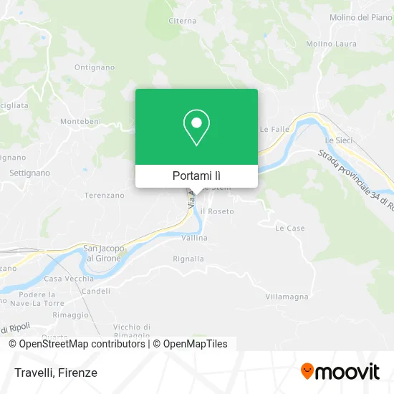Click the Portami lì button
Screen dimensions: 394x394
tap(196, 176)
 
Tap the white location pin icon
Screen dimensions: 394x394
tap(196, 128)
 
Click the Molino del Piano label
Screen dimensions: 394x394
tap(360, 17)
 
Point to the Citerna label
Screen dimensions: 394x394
tap(182, 21)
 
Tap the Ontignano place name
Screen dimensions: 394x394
tap(94, 67)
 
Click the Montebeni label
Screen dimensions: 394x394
tap(80, 122)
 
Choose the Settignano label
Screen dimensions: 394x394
tap(29, 173)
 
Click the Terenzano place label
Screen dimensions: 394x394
tap(104, 194)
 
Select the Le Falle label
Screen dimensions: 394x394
tap(274, 130)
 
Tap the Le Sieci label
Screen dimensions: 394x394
tap(339, 140)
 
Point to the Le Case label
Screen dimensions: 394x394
tap(290, 228)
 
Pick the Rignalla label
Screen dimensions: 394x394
tap(188, 259)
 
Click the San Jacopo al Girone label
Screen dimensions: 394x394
tap(105, 252)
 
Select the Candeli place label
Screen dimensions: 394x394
tap(96, 291)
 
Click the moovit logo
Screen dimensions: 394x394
tap(340, 371)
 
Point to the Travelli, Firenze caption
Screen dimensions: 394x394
tap(54, 373)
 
